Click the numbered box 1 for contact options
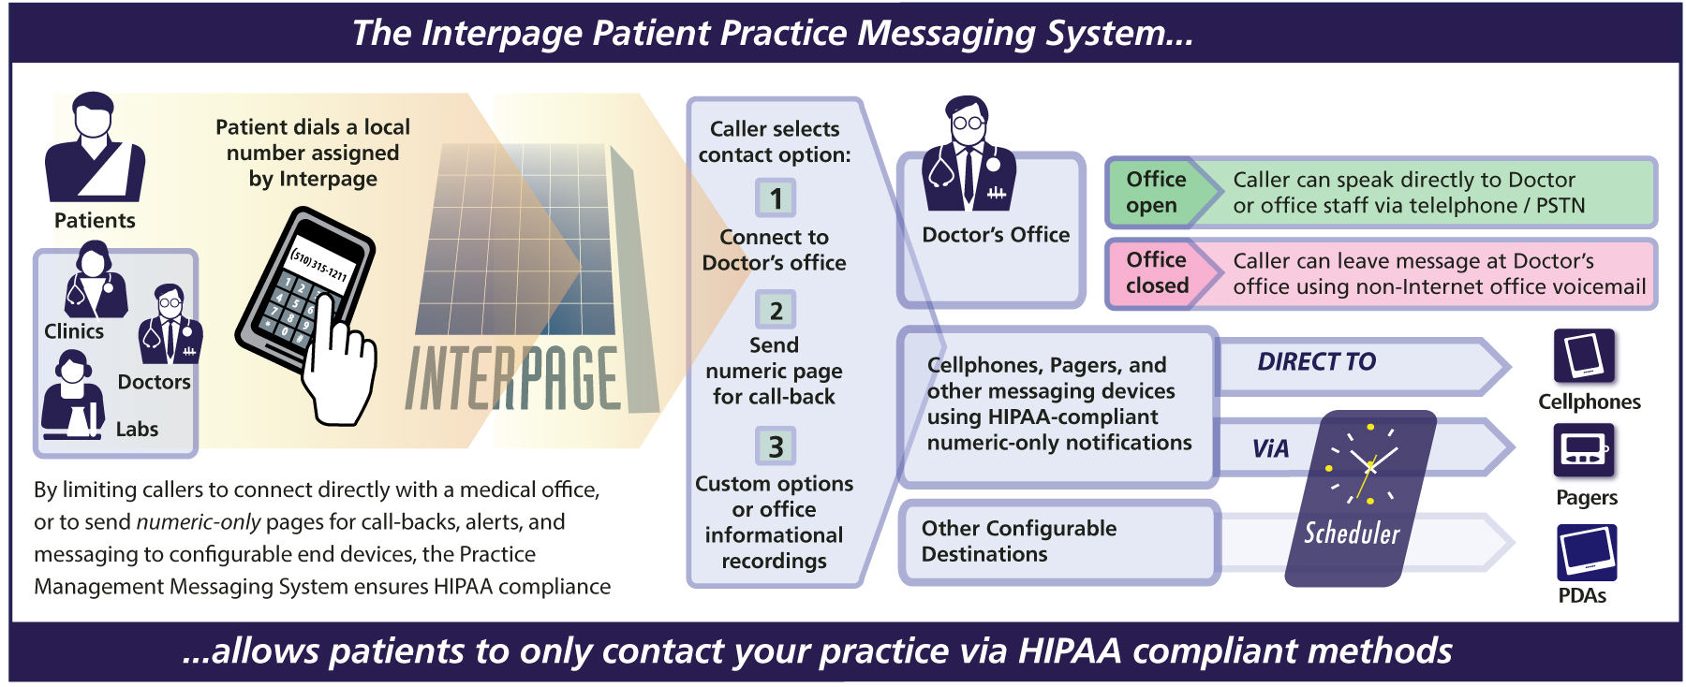tap(776, 198)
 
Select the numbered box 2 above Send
tap(776, 310)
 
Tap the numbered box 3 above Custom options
tap(776, 446)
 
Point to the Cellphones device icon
tap(1585, 356)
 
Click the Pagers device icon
tap(1584, 450)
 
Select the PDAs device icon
tap(1587, 552)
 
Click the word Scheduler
tap(1352, 534)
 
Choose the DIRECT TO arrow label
tap(1316, 362)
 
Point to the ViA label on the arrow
tap(1270, 449)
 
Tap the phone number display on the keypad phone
tap(318, 264)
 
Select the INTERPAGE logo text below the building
tap(512, 378)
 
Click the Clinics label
tap(74, 331)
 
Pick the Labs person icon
tap(72, 394)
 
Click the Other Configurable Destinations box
tap(1059, 542)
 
